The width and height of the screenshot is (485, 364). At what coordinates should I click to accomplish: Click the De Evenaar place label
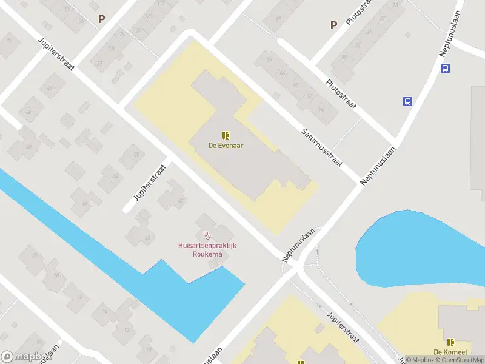[226, 146]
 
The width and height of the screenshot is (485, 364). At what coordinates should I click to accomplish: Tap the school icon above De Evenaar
[226, 135]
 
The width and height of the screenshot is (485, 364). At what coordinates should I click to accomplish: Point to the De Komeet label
[449, 352]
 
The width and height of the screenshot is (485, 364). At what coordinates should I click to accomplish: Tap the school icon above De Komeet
[450, 342]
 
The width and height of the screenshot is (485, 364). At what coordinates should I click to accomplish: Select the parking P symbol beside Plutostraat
[333, 25]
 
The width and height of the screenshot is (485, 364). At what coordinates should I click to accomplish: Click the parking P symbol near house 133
[101, 19]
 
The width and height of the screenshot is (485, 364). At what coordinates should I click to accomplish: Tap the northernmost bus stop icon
[445, 68]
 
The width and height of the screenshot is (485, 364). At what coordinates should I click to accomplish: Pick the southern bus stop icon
[407, 101]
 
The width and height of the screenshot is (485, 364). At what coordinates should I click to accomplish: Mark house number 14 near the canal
[104, 312]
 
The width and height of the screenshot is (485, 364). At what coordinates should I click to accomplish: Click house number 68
[296, 85]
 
